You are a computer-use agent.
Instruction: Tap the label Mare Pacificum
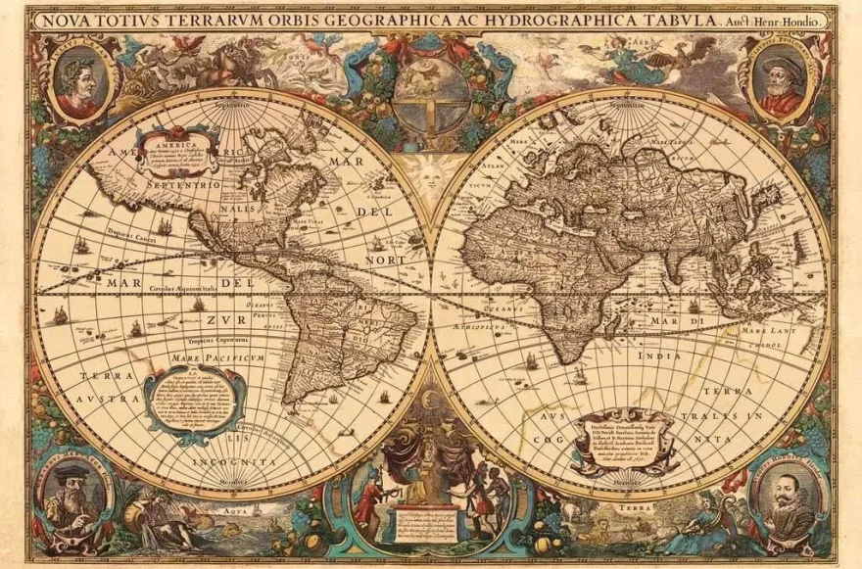click(205, 358)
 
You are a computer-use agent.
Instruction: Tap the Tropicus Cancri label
click(128, 245)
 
